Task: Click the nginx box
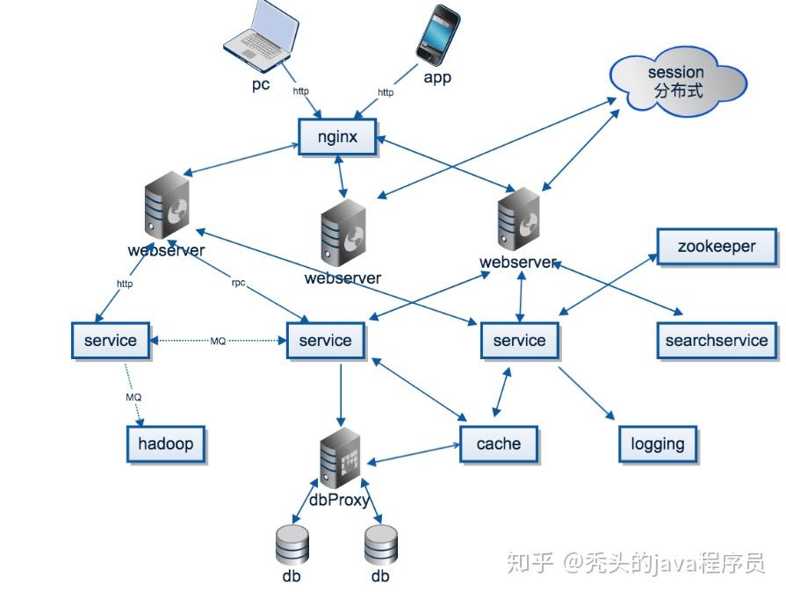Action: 336,137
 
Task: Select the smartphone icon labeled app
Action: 437,36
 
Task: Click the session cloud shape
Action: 677,81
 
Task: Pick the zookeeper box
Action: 716,247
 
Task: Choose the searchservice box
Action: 716,341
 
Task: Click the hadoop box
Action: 166,443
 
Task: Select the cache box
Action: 498,443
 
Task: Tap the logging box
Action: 658,443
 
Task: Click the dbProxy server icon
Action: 340,459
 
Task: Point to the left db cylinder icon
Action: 292,544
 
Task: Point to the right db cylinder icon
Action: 381,544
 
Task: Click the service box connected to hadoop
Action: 110,341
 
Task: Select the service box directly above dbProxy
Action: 325,341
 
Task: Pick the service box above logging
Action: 519,341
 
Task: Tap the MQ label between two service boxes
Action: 218,341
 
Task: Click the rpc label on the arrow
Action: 238,284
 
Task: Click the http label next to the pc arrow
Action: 300,90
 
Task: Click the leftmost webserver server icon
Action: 166,205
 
